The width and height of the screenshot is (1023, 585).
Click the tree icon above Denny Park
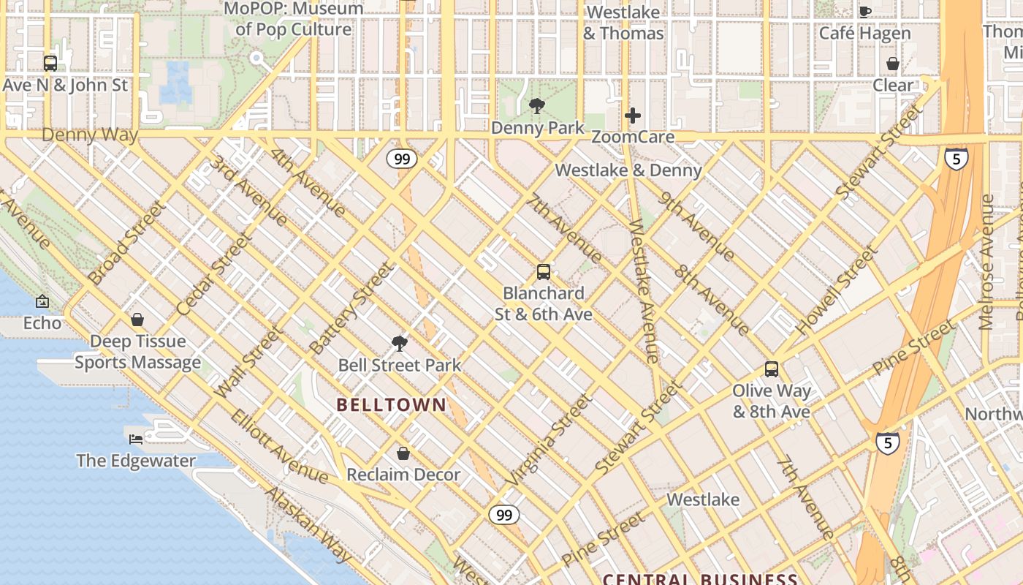[x=537, y=106]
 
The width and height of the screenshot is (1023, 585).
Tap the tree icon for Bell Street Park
[x=399, y=343]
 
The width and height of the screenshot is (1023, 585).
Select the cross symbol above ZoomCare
[x=633, y=116]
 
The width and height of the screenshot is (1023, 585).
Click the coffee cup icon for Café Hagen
[x=865, y=12]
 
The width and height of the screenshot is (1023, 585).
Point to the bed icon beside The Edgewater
[x=136, y=439]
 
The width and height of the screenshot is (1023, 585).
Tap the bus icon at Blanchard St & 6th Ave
[x=543, y=272]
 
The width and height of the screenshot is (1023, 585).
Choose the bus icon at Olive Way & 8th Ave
[x=772, y=369]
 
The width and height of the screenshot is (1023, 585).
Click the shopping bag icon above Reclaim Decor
[x=403, y=453]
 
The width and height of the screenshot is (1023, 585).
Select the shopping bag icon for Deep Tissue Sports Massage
[x=137, y=320]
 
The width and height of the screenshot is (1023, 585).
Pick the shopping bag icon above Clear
[x=892, y=64]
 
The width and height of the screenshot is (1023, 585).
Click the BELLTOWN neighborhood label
[x=391, y=404]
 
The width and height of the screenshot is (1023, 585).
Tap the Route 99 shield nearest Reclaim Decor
[x=504, y=515]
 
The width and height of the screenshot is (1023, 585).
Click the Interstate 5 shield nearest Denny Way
[x=956, y=159]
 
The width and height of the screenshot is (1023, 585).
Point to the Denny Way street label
[x=89, y=135]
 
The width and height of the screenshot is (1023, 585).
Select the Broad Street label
[x=123, y=244]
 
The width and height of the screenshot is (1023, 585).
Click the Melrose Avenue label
[x=987, y=261]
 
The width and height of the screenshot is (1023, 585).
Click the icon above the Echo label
[x=42, y=301]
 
